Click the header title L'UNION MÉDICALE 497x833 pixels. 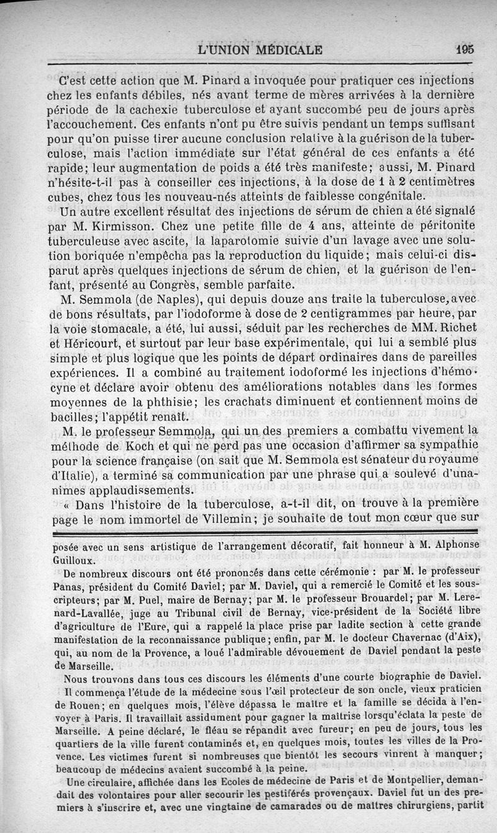tap(259, 50)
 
